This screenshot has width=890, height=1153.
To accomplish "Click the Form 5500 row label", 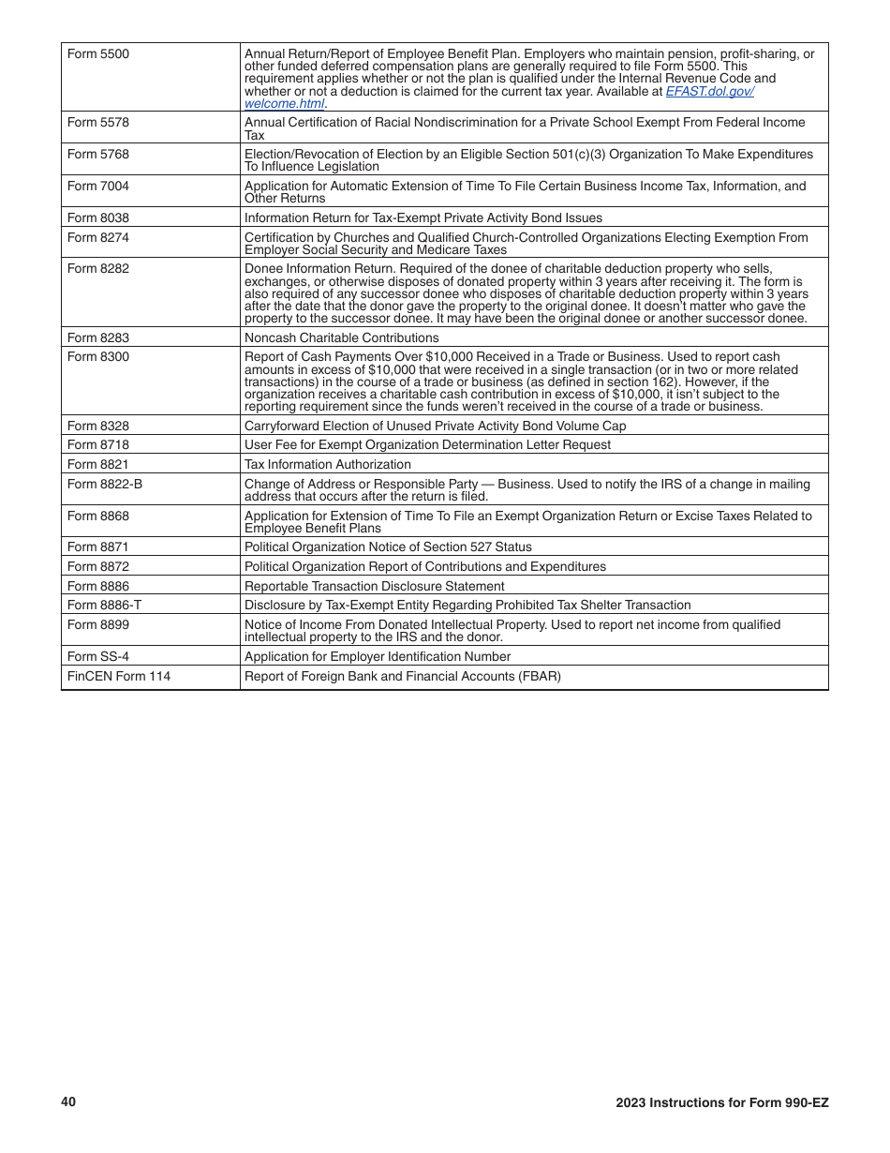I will (x=98, y=54).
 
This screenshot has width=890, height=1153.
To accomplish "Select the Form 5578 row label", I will (x=98, y=123).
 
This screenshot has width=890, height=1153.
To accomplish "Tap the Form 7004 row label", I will (x=98, y=187).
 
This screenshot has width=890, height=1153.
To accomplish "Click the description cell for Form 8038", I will (x=423, y=218).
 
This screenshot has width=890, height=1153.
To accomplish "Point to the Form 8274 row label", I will (x=98, y=238).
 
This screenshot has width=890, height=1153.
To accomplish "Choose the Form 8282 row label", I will (x=98, y=269).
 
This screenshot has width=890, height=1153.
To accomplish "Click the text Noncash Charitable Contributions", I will (x=341, y=338).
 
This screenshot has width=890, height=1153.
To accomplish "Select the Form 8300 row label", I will (x=98, y=357).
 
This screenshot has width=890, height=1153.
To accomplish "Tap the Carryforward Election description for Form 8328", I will (x=435, y=427).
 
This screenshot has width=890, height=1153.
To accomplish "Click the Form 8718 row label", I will (x=98, y=445).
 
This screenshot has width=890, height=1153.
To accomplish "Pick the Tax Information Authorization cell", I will (x=327, y=465).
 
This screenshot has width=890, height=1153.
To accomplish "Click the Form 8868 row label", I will (x=98, y=517).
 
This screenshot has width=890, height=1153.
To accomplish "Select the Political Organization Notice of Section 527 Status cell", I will (x=388, y=547).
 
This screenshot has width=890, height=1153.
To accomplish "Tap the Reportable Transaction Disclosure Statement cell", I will (x=374, y=587).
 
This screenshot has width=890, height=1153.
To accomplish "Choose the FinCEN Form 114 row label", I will (x=119, y=676).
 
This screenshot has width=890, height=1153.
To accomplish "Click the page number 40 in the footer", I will (x=68, y=1102).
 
